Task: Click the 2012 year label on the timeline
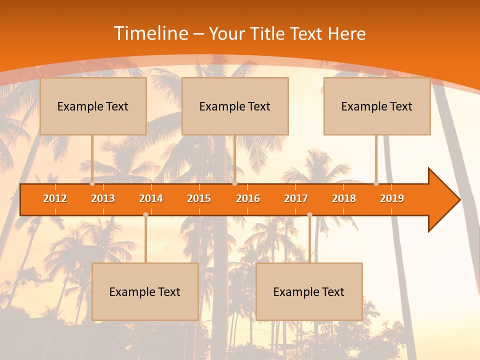pos(55,198)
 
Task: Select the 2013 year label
pos(103,198)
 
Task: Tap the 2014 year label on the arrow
pos(151,198)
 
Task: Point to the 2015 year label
pos(199,198)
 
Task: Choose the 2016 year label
pos(248,198)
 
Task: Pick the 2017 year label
pos(296,198)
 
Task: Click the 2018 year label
pos(344,198)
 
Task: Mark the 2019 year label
pos(392,198)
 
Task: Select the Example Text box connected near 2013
pos(93,106)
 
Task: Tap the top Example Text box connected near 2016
pos(235,106)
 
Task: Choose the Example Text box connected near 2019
pos(377,106)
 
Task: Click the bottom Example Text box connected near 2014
pos(145,291)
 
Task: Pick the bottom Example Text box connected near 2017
pos(309,291)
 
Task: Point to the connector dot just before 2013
pos(92,183)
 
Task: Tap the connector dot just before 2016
pos(234,183)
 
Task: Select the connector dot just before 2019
pos(376,183)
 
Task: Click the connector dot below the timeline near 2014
pos(145,214)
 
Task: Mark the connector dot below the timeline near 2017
pos(309,214)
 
